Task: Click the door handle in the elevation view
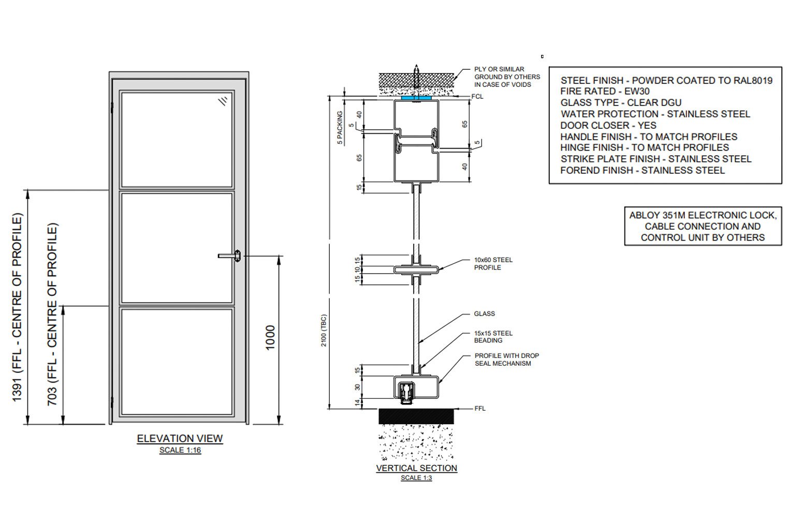230,256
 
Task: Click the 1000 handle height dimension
270,338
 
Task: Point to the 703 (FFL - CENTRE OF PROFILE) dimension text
52,314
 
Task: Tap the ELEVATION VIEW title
180,439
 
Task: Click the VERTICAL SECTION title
416,468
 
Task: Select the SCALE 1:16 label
180,450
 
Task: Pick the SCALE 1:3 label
416,478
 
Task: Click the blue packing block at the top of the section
416,97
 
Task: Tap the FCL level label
477,97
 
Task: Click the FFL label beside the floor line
479,409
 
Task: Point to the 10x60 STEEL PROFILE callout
493,264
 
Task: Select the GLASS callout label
484,313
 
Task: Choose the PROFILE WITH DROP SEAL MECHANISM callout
506,359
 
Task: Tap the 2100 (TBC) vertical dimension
324,331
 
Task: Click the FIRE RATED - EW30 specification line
605,91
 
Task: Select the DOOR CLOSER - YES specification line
608,125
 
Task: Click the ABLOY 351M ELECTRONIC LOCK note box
703,227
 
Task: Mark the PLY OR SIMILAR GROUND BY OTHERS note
506,77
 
